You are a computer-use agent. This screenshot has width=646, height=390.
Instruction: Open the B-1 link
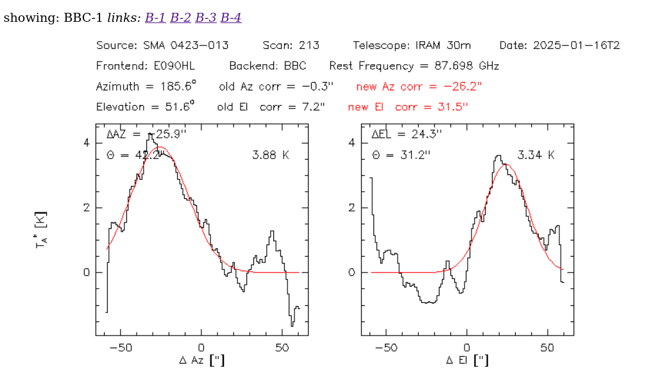tap(155, 17)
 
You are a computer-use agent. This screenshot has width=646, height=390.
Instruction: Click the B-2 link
tap(180, 17)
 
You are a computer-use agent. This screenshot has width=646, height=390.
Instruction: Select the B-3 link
tap(205, 17)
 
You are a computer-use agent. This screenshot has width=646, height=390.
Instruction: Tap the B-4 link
tap(231, 17)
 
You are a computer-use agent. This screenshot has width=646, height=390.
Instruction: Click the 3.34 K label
tap(536, 155)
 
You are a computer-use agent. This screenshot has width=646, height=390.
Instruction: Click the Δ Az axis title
tap(201, 360)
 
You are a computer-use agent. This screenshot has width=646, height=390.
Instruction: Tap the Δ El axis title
tap(466, 360)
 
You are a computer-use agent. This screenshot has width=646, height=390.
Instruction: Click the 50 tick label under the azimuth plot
tap(282, 347)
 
